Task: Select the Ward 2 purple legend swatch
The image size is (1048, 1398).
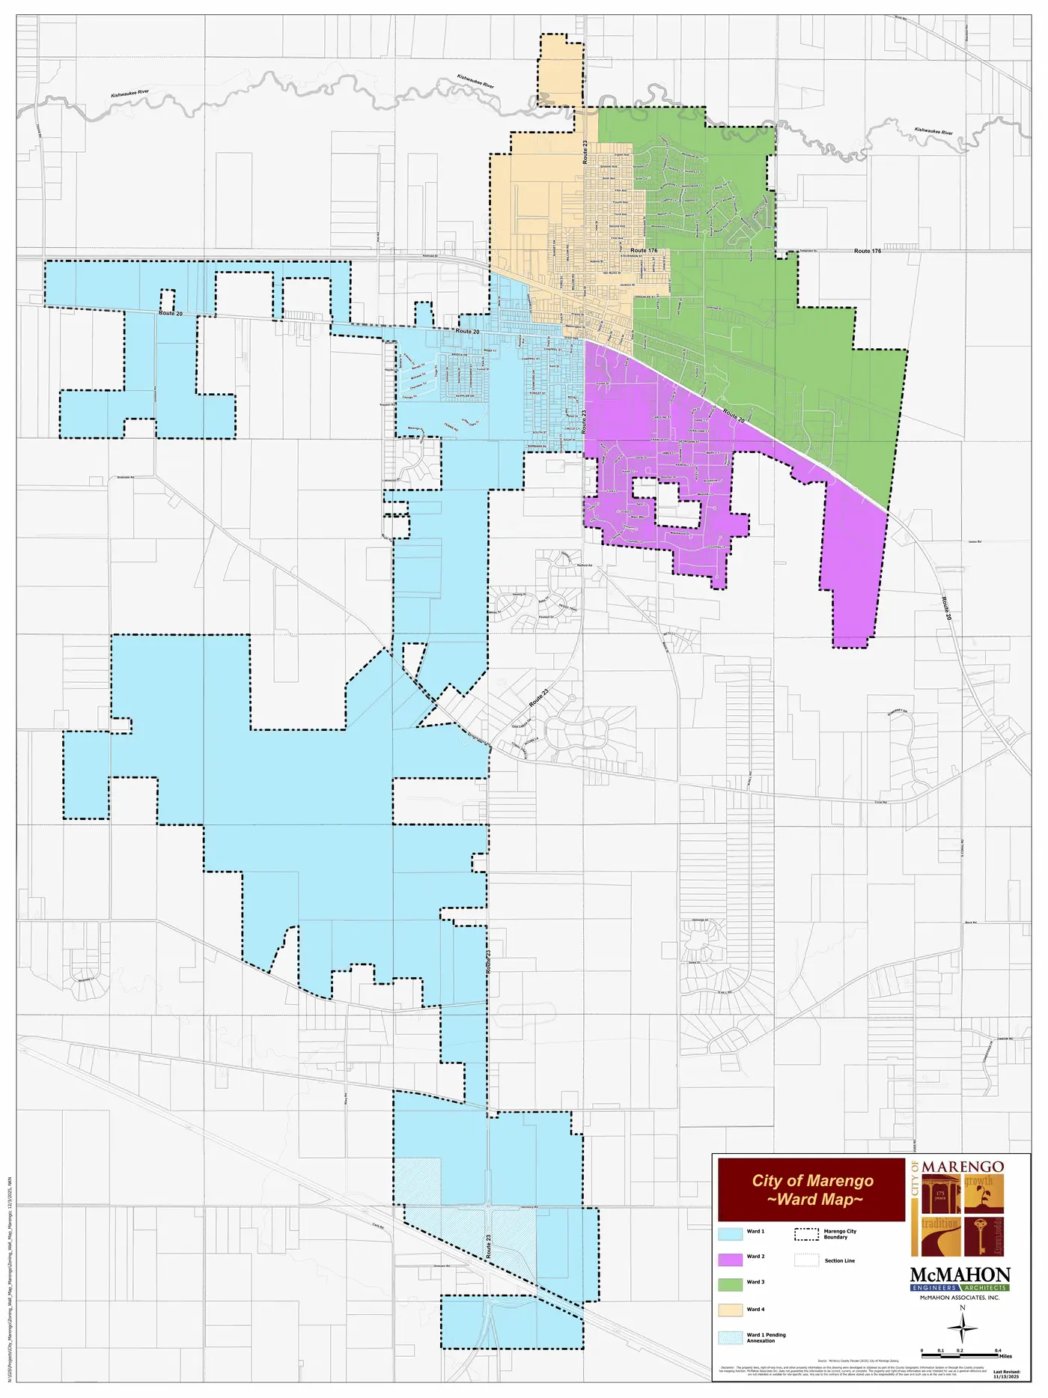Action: pyautogui.click(x=730, y=1259)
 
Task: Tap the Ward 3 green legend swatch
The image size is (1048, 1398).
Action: pyautogui.click(x=730, y=1284)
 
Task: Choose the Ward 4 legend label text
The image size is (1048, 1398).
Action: pyautogui.click(x=755, y=1309)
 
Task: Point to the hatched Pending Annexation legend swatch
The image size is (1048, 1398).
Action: pyautogui.click(x=730, y=1337)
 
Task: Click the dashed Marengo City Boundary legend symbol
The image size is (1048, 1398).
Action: pyautogui.click(x=806, y=1234)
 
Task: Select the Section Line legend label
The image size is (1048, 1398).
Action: pyautogui.click(x=839, y=1260)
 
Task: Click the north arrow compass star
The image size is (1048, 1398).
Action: pyautogui.click(x=962, y=1329)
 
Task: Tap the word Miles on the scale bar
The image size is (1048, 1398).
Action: pyautogui.click(x=1005, y=1356)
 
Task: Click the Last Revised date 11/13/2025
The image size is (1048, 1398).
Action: pyautogui.click(x=1006, y=1376)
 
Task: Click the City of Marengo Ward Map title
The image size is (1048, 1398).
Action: pyautogui.click(x=812, y=1190)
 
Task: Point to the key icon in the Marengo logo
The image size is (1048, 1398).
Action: pyautogui.click(x=983, y=1236)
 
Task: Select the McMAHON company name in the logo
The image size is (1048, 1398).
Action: pyautogui.click(x=960, y=1275)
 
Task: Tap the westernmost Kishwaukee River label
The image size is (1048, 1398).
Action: pyautogui.click(x=130, y=94)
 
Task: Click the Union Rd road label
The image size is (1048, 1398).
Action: pyautogui.click(x=974, y=541)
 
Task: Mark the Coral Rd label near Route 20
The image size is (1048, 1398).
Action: pyautogui.click(x=881, y=803)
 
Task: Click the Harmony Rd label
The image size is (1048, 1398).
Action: pyautogui.click(x=528, y=1208)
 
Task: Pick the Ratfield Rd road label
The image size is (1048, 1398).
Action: pyautogui.click(x=585, y=565)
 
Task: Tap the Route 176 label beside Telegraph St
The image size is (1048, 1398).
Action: pyautogui.click(x=868, y=251)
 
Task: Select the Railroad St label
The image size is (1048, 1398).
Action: pyautogui.click(x=430, y=255)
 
